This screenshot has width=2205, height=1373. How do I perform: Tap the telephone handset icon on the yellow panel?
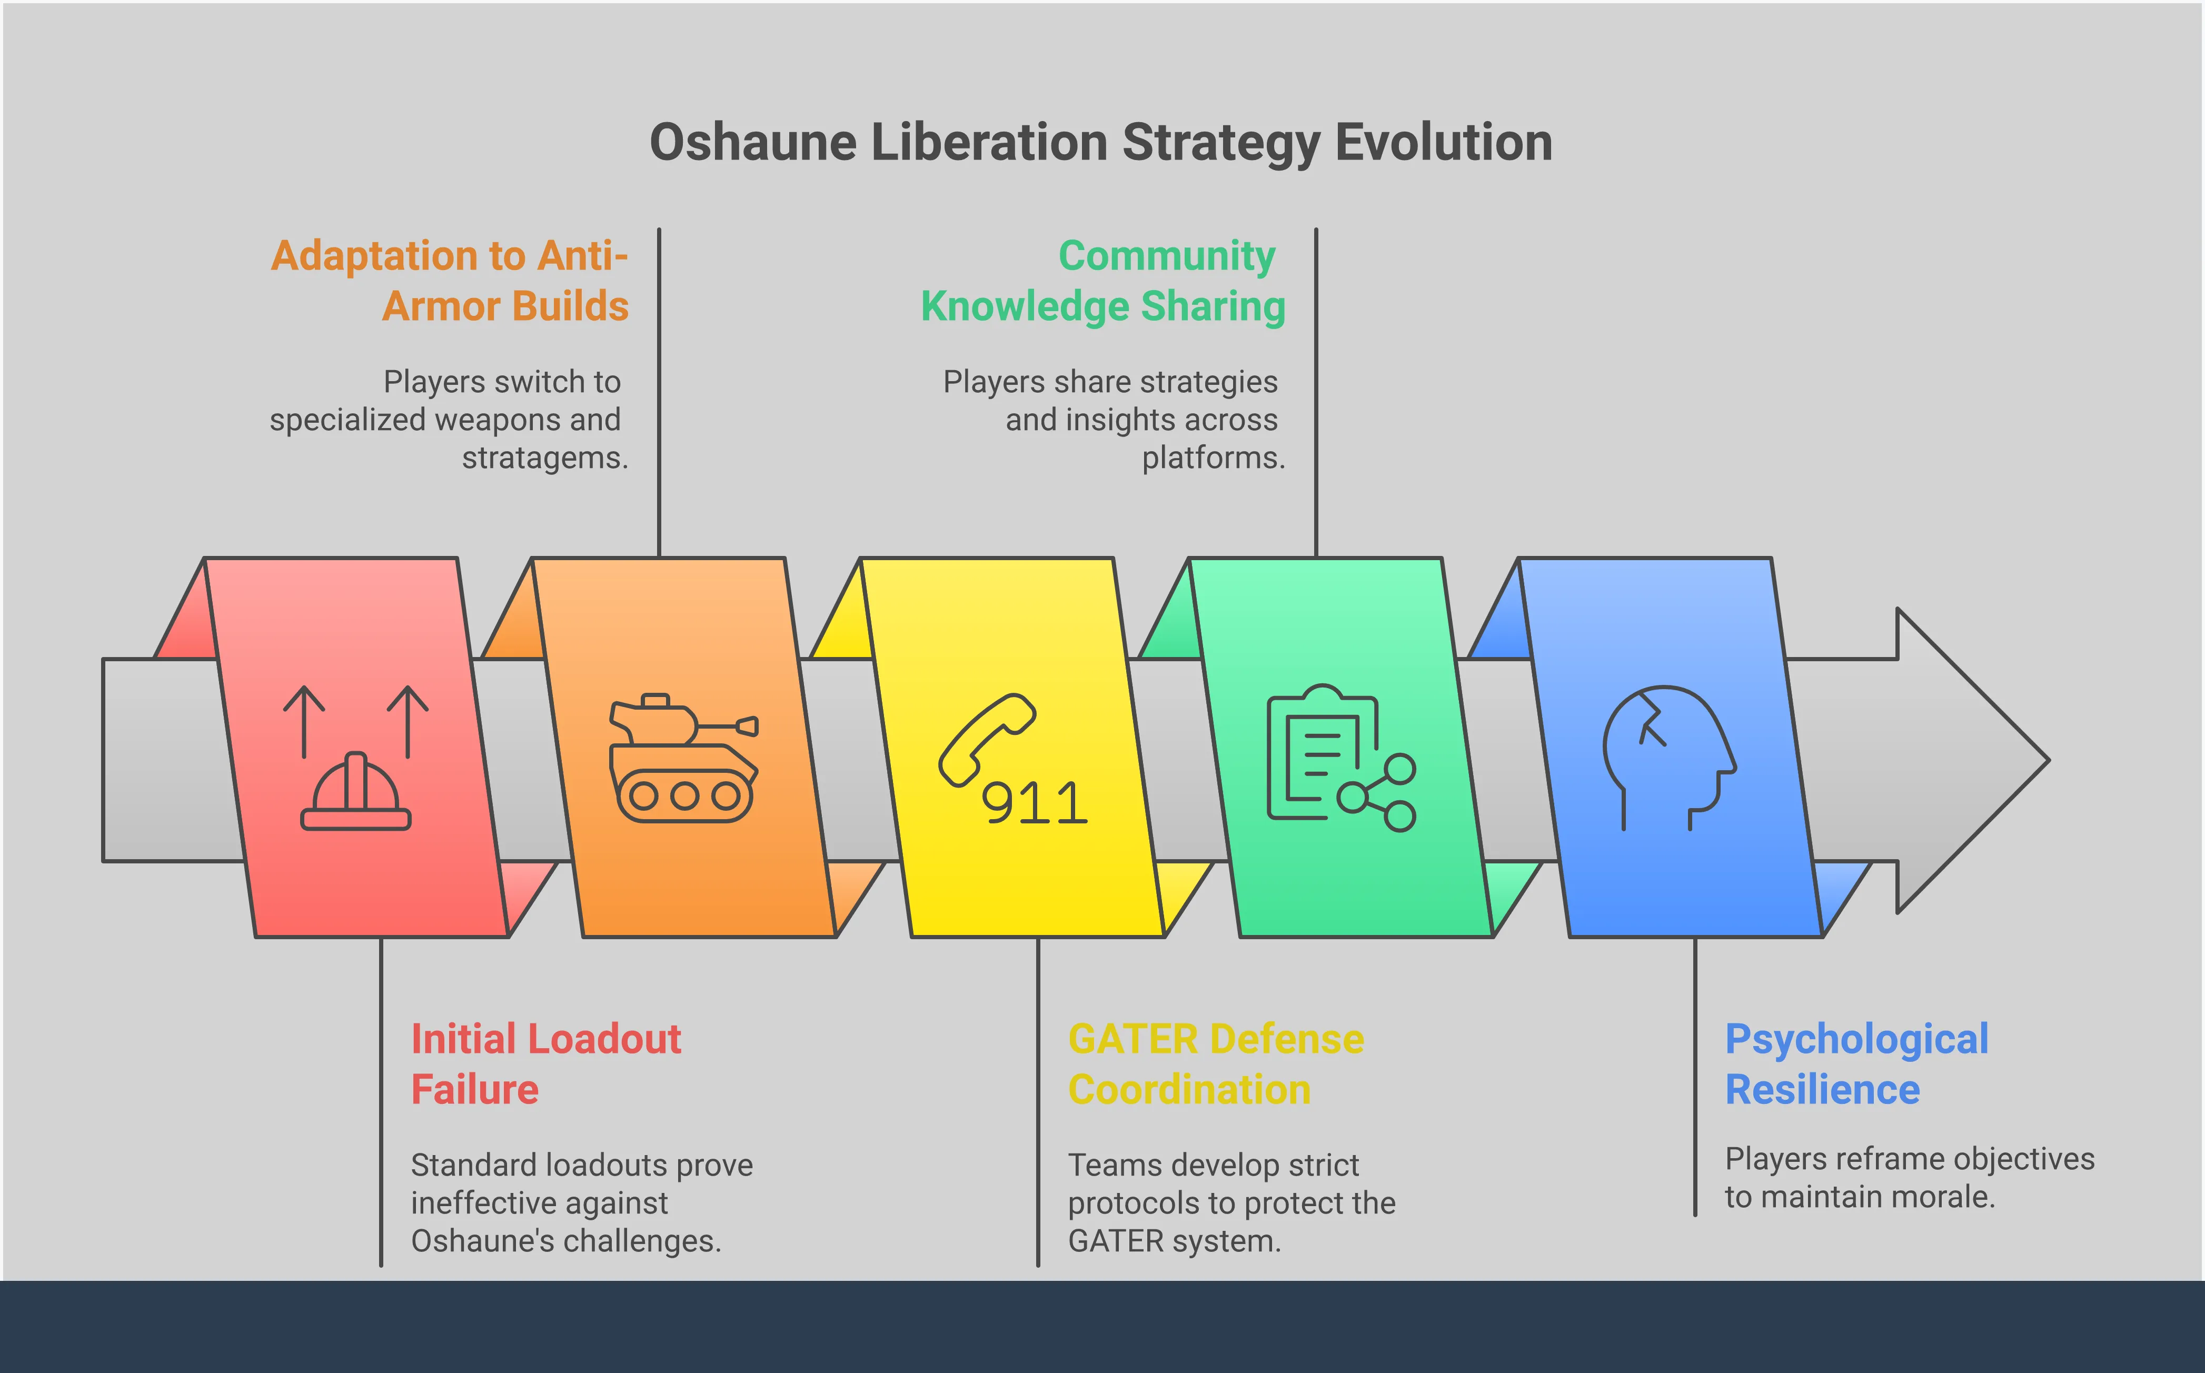tap(986, 738)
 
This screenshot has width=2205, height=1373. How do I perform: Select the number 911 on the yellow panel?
tap(1035, 804)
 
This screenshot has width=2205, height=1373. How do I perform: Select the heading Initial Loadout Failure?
tap(545, 1063)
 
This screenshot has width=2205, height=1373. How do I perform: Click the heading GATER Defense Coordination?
tap(1215, 1063)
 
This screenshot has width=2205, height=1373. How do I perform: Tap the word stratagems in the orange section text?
tap(544, 457)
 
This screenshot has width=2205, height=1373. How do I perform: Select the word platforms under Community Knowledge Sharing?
tap(1213, 457)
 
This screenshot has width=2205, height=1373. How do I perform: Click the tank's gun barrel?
tap(727, 725)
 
